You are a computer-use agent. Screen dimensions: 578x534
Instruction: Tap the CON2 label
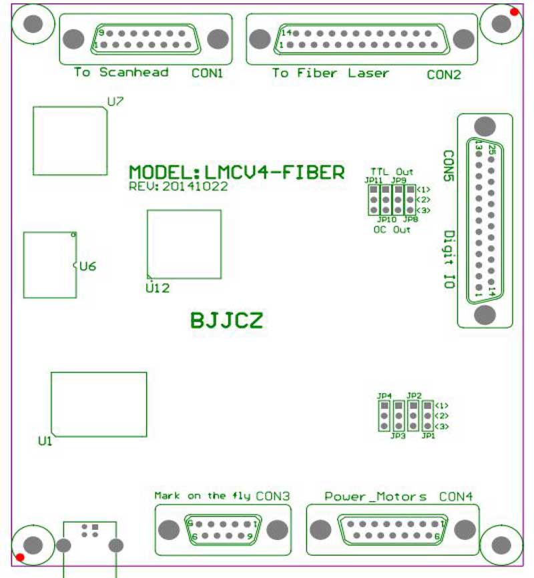click(x=443, y=75)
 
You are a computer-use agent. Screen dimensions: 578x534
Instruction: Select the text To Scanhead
click(x=121, y=72)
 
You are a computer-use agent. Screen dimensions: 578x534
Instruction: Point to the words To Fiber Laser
click(x=330, y=73)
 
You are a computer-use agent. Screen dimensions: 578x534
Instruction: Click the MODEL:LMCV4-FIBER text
click(x=237, y=172)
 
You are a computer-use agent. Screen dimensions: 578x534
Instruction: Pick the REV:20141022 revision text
click(x=178, y=187)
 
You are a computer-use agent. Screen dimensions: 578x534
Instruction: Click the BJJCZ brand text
click(x=227, y=321)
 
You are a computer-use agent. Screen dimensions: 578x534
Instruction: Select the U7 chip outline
click(x=69, y=140)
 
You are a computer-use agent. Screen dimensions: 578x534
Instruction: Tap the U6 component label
click(x=87, y=267)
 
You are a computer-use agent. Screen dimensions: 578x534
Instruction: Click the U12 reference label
click(x=158, y=288)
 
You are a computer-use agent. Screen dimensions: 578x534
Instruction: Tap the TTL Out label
click(x=392, y=172)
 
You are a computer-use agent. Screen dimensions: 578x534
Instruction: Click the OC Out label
click(x=392, y=230)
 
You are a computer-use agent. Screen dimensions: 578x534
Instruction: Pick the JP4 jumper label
click(x=384, y=396)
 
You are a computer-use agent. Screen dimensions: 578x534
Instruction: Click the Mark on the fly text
click(x=203, y=496)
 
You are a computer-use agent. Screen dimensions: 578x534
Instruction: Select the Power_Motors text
click(x=375, y=497)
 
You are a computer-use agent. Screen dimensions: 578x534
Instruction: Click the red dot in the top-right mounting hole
click(x=513, y=11)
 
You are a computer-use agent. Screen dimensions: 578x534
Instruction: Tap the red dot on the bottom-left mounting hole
click(x=20, y=557)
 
